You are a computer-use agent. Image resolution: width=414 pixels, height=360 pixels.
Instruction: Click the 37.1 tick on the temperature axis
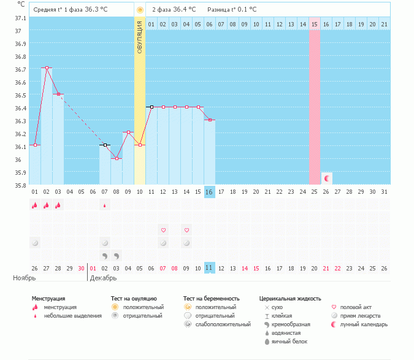tap(21, 18)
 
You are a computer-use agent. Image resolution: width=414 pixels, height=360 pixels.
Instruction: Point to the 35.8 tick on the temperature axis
tap(21, 185)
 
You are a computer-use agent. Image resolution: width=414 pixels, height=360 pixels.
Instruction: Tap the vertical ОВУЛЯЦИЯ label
tap(140, 37)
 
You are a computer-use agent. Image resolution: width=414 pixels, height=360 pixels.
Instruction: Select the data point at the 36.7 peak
tap(47, 68)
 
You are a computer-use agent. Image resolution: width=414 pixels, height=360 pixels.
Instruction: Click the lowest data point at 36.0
tap(117, 158)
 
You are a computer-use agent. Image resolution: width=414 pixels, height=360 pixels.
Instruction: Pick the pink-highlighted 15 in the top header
tap(314, 24)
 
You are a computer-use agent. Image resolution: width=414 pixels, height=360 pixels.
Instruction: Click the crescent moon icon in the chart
tap(327, 178)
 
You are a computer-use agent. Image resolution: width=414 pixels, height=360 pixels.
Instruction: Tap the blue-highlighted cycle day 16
tap(209, 192)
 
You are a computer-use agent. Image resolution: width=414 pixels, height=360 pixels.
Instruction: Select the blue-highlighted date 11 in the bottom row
tap(209, 268)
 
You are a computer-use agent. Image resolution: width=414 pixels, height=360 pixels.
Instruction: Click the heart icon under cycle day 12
tap(164, 230)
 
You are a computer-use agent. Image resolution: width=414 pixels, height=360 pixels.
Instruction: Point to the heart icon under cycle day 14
tap(186, 230)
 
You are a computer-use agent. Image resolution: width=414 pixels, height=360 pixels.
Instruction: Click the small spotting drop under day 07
tap(105, 205)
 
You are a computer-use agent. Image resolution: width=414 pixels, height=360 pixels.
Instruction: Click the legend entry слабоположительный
tap(220, 324)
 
